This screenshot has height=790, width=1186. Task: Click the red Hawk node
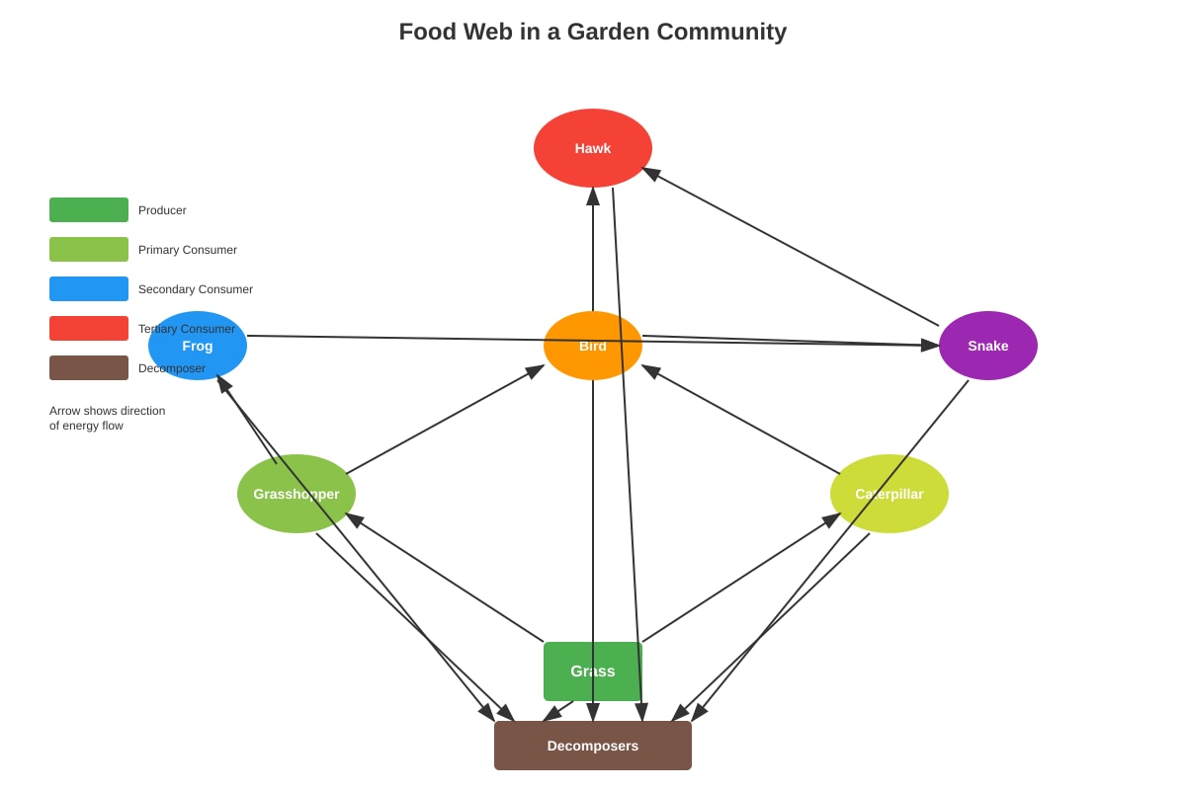tap(592, 148)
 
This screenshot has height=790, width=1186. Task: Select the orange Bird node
tap(592, 346)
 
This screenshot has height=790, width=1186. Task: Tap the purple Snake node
tap(988, 346)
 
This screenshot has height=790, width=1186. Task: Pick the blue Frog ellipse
tap(198, 346)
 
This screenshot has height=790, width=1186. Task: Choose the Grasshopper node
tap(296, 494)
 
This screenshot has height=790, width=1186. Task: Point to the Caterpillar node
tap(889, 494)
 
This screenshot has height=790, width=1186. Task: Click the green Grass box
tap(592, 671)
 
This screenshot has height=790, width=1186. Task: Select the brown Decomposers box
tap(592, 746)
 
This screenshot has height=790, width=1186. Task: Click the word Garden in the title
tap(609, 32)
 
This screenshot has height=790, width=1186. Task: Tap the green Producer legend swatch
tap(89, 210)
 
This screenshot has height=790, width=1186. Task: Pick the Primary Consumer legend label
tap(188, 250)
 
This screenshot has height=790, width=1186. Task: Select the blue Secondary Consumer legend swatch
tap(89, 289)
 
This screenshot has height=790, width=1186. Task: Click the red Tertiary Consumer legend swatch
tap(89, 328)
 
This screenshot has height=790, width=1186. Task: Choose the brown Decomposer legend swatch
tap(89, 367)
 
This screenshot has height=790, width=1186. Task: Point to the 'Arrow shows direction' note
tap(108, 411)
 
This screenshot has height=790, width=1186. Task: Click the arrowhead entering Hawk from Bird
tap(593, 197)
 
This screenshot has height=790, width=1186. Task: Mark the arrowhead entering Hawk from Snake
tap(651, 173)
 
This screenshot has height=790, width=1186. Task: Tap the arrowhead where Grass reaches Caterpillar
tap(831, 520)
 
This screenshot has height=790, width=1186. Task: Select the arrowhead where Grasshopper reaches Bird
tap(535, 371)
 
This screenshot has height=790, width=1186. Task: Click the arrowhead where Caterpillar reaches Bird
tap(651, 371)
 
